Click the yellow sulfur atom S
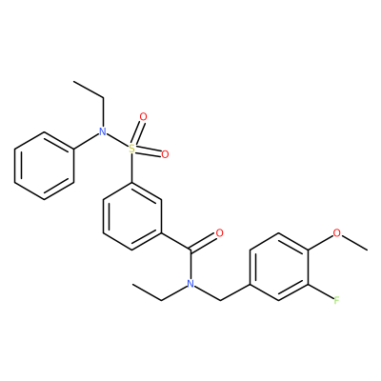(132, 149)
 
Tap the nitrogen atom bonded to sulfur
(102, 131)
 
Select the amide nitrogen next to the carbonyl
(190, 284)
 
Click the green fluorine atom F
(336, 300)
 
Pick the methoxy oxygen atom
(336, 233)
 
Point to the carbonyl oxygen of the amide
(219, 233)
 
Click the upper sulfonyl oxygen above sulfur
(144, 117)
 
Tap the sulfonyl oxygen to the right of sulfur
(165, 154)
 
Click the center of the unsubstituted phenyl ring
(44, 166)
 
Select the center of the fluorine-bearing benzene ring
(278, 267)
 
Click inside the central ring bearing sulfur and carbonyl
(132, 216)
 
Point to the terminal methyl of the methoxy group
(368, 251)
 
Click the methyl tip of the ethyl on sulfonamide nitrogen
(73, 81)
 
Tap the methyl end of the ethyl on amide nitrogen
(132, 284)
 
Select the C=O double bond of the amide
(203, 242)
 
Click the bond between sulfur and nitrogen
(117, 140)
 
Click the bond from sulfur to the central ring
(132, 168)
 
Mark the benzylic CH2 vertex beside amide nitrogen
(220, 300)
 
